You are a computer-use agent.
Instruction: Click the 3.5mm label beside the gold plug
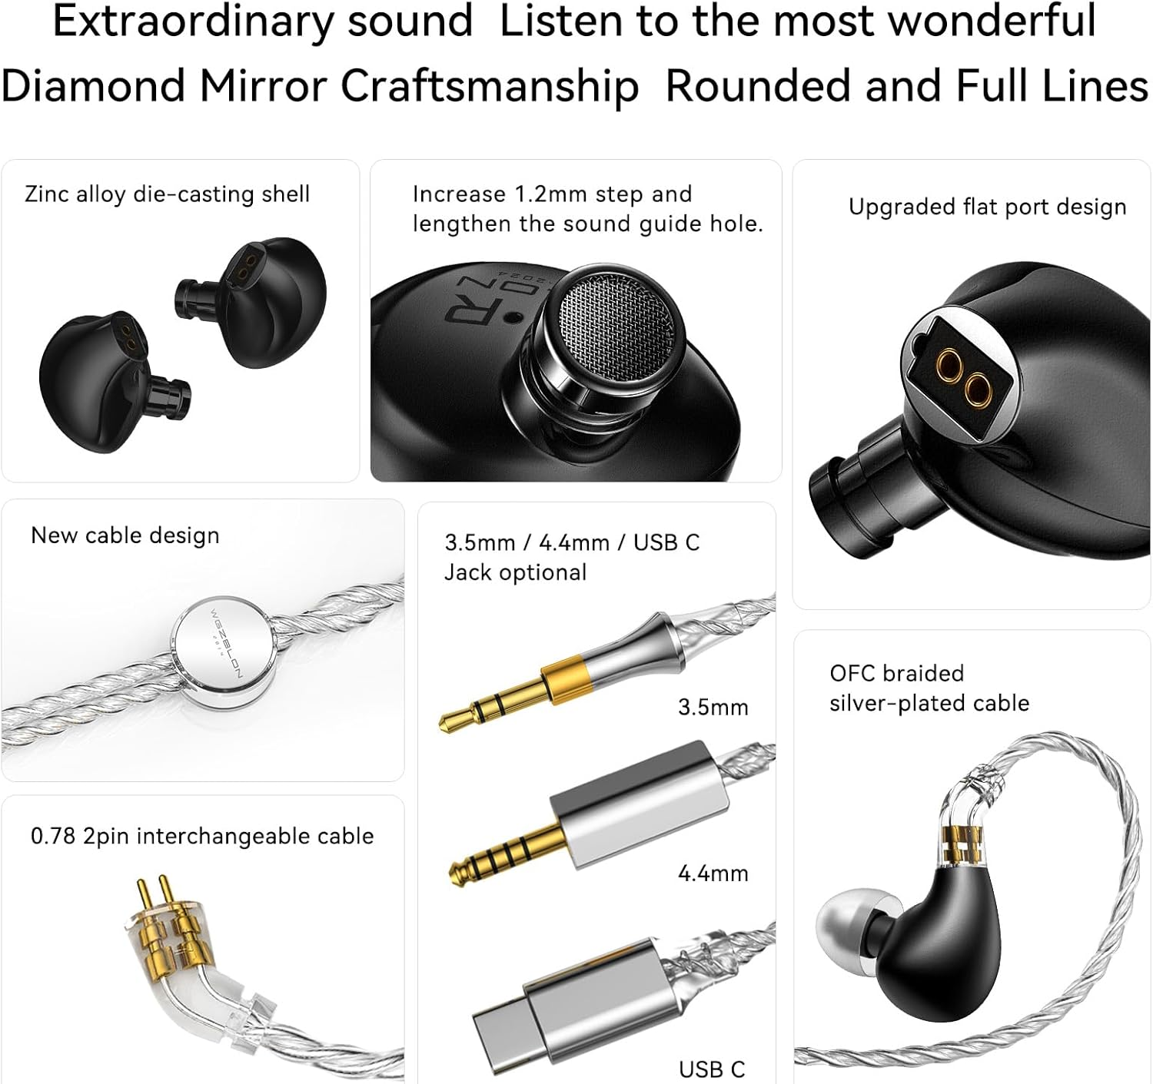pyautogui.click(x=713, y=707)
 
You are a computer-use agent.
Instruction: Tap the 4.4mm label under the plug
pyautogui.click(x=713, y=873)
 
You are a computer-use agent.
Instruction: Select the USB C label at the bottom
pyautogui.click(x=712, y=1069)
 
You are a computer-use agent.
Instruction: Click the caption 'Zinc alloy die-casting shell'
pyautogui.click(x=167, y=194)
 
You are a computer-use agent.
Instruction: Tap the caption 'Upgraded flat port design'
pyautogui.click(x=987, y=207)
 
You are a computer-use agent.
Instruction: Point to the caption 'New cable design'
pyautogui.click(x=125, y=535)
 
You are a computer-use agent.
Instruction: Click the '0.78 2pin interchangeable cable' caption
pyautogui.click(x=202, y=836)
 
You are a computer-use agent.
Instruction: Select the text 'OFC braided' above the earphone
pyautogui.click(x=896, y=673)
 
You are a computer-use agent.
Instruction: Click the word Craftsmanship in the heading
pyautogui.click(x=490, y=85)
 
